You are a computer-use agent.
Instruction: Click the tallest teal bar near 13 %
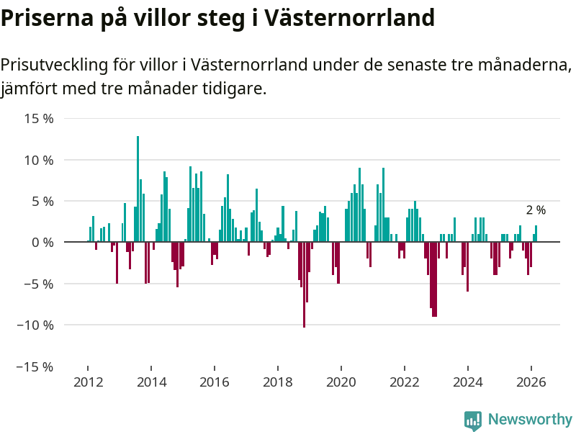(138, 189)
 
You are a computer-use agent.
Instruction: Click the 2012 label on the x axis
(87, 382)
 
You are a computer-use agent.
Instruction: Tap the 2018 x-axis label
(277, 382)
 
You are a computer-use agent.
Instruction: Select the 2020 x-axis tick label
(341, 382)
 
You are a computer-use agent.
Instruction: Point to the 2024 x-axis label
(468, 382)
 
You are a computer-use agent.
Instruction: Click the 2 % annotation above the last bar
(536, 210)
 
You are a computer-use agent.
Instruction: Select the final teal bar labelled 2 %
(536, 234)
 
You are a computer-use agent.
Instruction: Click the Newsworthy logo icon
(473, 420)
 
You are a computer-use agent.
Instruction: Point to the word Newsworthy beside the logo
(530, 419)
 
